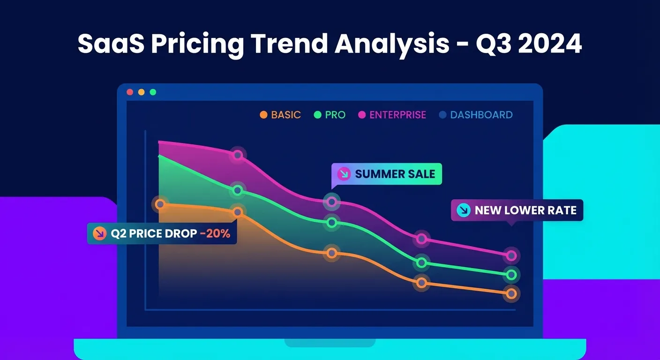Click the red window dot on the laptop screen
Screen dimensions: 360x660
[x=130, y=92]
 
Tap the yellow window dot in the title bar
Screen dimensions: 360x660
[x=142, y=92]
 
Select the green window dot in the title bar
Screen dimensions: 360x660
[x=153, y=92]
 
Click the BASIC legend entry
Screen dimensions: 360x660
[x=280, y=115]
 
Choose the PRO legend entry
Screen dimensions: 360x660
[x=330, y=115]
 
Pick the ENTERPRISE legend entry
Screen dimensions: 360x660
[x=392, y=115]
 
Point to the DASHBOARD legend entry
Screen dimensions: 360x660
[x=476, y=115]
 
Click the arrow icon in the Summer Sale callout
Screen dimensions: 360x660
[x=344, y=174]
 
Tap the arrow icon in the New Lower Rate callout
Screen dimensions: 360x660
[x=463, y=210]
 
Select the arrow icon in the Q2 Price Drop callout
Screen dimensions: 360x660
[x=100, y=233]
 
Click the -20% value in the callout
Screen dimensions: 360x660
[x=215, y=233]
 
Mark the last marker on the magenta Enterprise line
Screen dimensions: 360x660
[x=511, y=255]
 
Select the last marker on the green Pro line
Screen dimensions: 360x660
[x=511, y=275]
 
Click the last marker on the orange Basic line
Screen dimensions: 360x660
[x=511, y=294]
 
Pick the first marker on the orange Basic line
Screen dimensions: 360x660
[x=160, y=204]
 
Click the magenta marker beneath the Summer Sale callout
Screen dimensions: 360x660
[x=332, y=202]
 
